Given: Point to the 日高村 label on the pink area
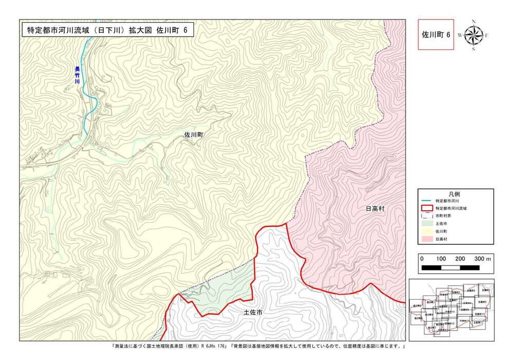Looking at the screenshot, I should (375, 209).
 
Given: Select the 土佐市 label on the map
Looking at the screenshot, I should (252, 312).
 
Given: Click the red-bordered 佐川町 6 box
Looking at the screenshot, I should (435, 35).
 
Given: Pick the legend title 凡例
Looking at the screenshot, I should (454, 193).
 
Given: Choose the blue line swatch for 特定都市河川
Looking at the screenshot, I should (426, 201).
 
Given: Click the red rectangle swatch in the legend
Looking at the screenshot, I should (426, 208).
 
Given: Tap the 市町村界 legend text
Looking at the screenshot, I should (443, 216).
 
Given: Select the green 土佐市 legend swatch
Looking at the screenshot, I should (426, 224).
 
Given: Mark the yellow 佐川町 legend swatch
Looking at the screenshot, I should (426, 231).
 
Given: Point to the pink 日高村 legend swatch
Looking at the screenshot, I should (426, 239).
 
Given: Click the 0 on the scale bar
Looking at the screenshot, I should (422, 259).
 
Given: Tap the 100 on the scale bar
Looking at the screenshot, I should (441, 259).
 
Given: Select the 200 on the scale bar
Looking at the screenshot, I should (460, 259).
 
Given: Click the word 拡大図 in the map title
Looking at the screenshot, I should (137, 30).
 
